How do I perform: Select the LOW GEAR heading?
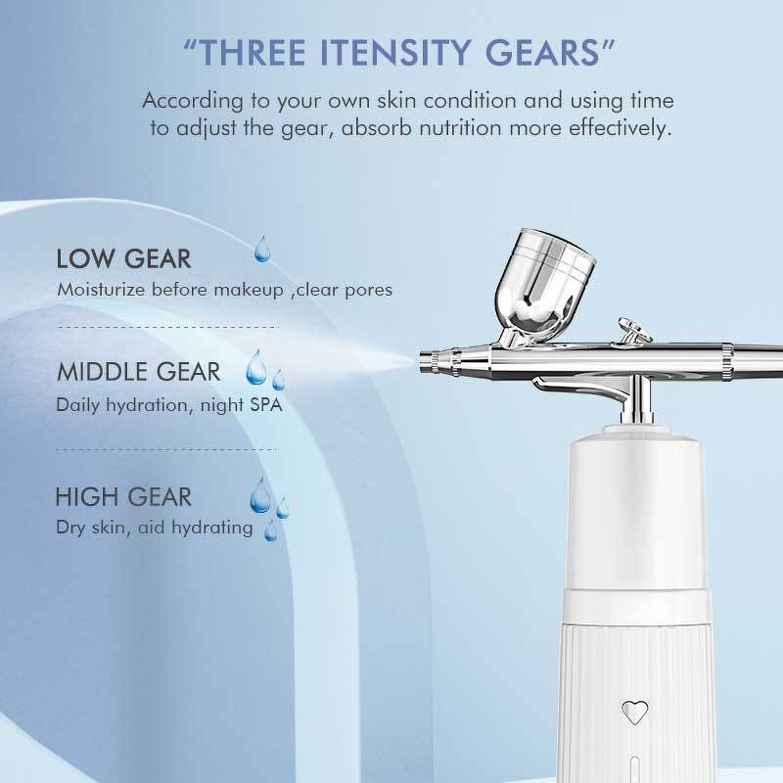(x=123, y=259)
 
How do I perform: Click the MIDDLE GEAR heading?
(x=139, y=373)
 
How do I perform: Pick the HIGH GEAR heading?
(x=123, y=497)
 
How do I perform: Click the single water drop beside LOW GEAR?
(x=261, y=251)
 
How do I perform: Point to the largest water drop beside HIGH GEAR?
(x=260, y=496)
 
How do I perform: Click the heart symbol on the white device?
(x=635, y=711)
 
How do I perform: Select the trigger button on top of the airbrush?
(x=632, y=331)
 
